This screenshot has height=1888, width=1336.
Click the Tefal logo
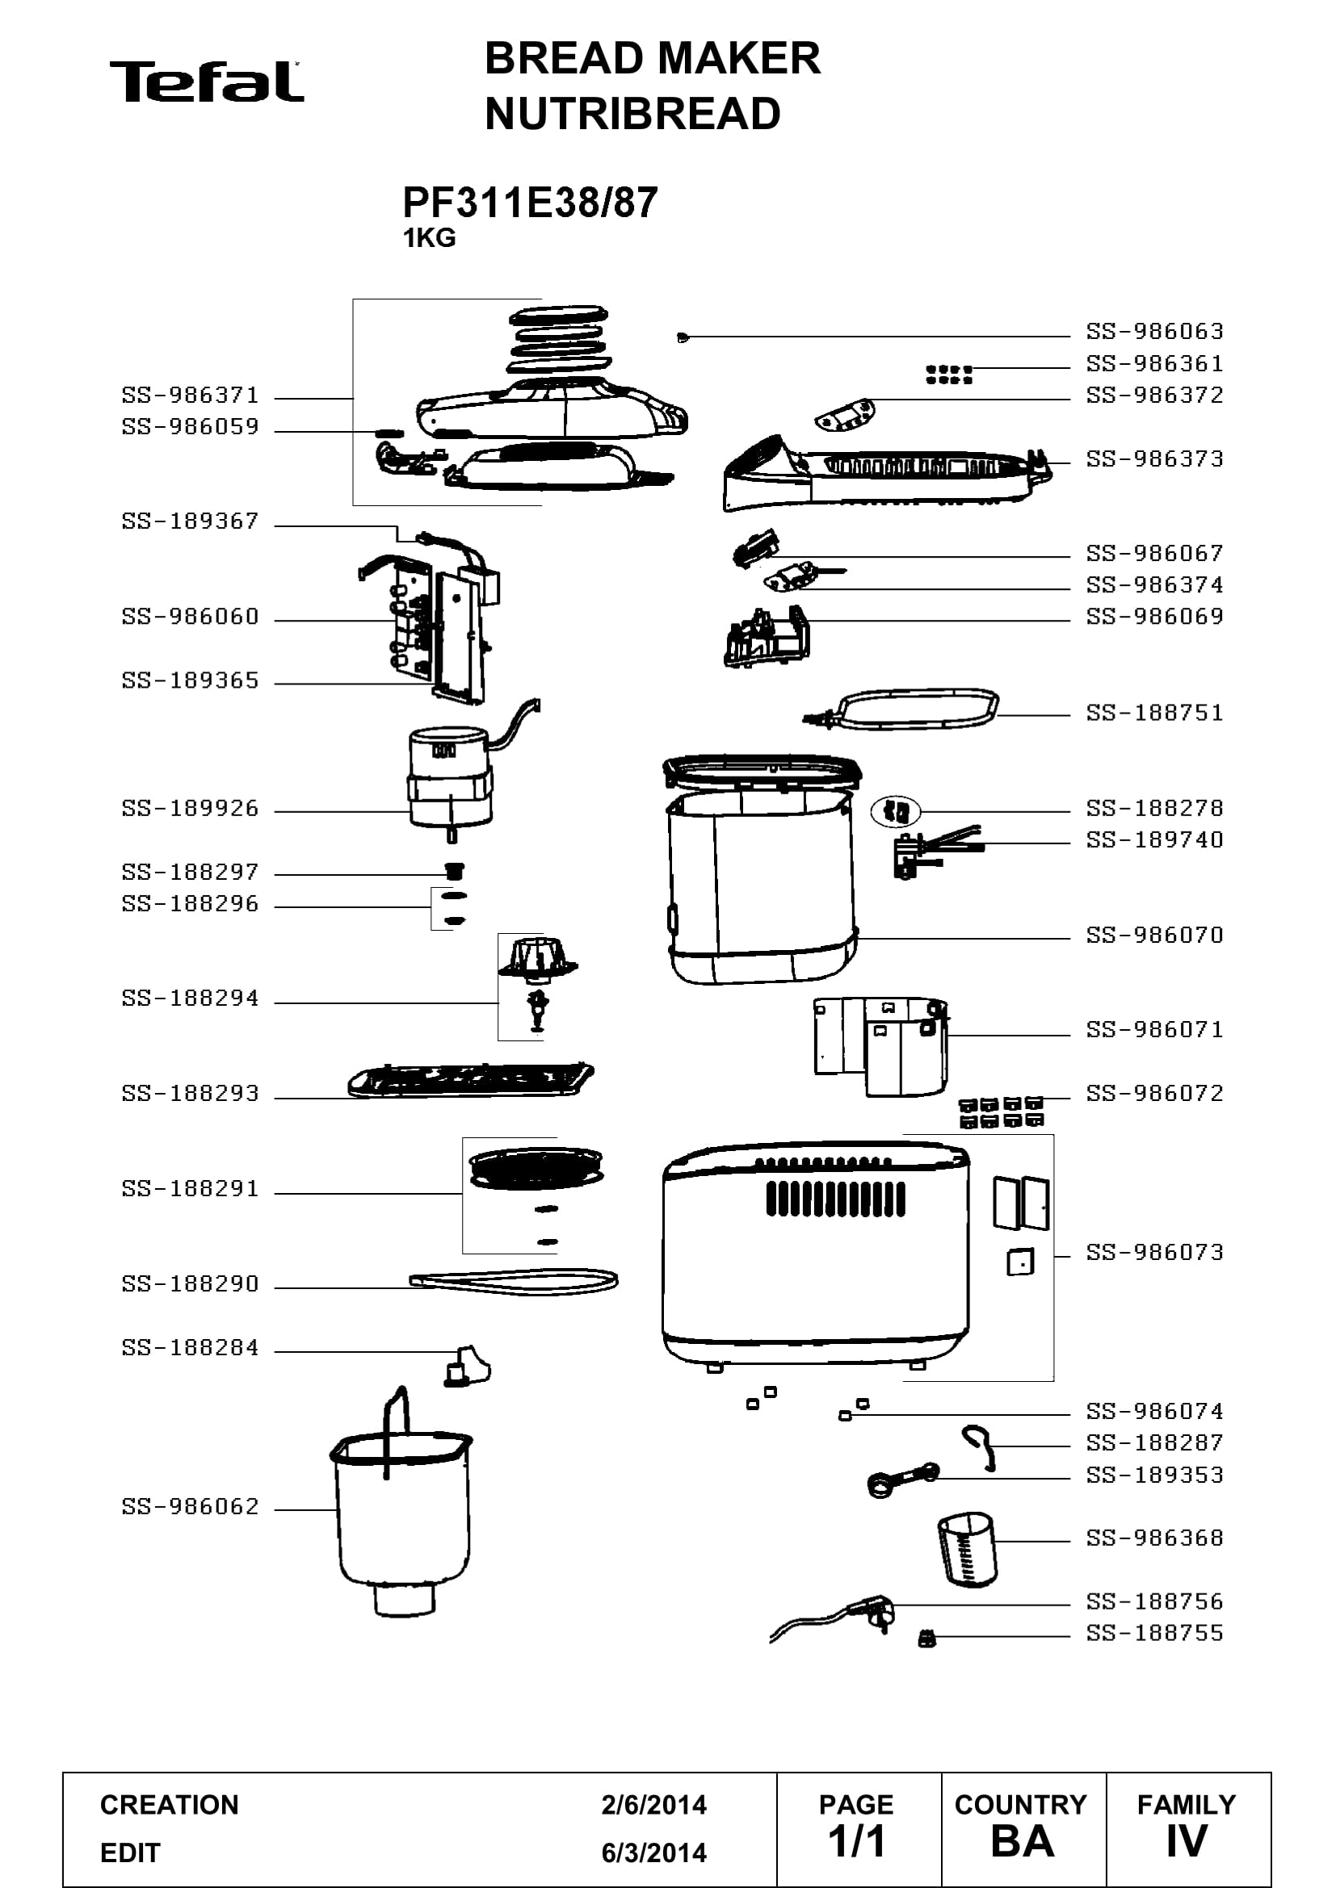[207, 82]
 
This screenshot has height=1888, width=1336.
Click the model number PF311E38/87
[530, 203]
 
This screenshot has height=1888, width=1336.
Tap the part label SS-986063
[1154, 332]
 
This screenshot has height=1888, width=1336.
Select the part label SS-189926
[190, 808]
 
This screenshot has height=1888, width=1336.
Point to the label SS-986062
[190, 1506]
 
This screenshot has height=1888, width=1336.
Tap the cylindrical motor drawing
[451, 777]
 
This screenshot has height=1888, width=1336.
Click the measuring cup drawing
[967, 1548]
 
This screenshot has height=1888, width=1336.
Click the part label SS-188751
[1154, 713]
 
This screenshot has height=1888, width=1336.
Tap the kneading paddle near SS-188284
[466, 1367]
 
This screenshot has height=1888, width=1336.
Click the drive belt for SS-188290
[514, 1282]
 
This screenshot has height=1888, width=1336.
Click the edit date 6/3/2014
[654, 1852]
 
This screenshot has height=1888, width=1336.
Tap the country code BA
[1023, 1841]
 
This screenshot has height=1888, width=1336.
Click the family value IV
[1187, 1841]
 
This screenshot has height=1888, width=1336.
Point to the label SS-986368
[1154, 1538]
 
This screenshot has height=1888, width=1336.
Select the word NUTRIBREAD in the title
[632, 114]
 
